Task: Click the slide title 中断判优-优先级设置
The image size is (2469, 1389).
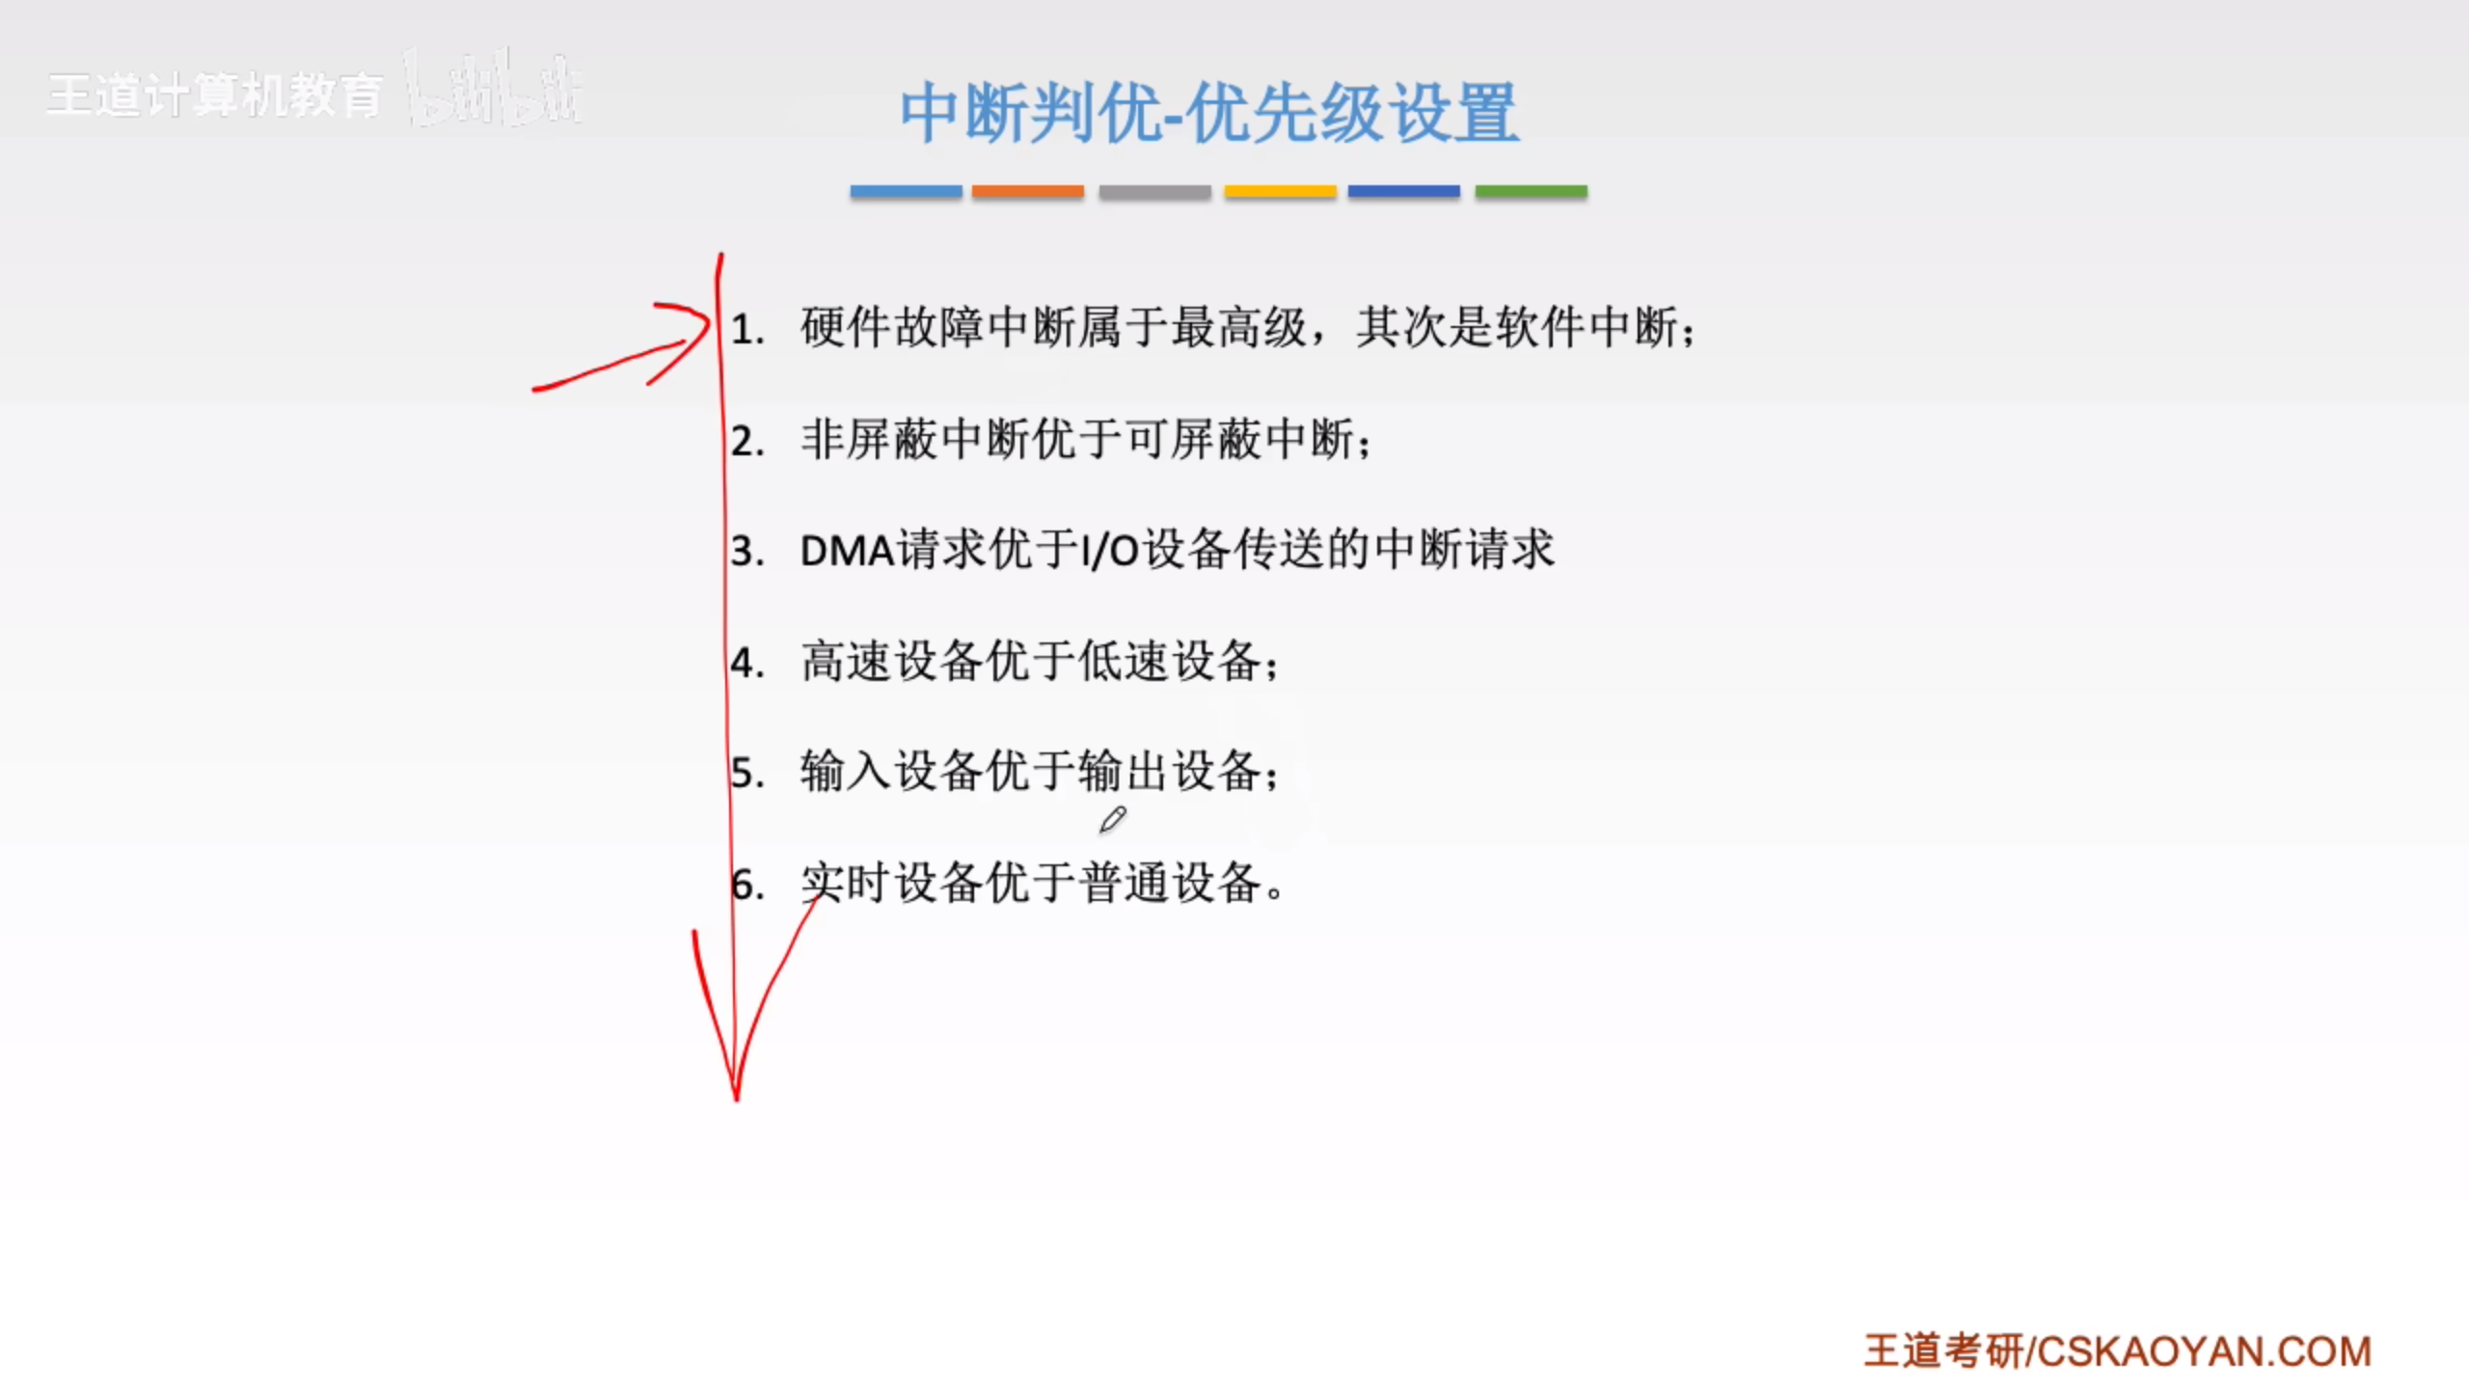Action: point(1209,113)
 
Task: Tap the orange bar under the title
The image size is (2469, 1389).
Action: point(1027,191)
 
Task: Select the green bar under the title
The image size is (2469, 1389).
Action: point(1531,191)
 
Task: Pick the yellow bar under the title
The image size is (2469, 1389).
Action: point(1280,191)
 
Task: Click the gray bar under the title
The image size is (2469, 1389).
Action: point(1154,191)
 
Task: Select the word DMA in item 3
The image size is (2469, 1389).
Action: point(847,551)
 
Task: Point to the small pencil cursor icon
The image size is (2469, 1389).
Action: point(1112,820)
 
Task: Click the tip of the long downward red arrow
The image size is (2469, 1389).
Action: point(736,1096)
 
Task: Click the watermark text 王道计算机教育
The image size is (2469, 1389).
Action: point(214,96)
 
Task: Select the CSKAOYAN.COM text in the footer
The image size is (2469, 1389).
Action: point(2203,1351)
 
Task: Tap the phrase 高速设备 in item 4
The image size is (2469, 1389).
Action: point(892,662)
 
